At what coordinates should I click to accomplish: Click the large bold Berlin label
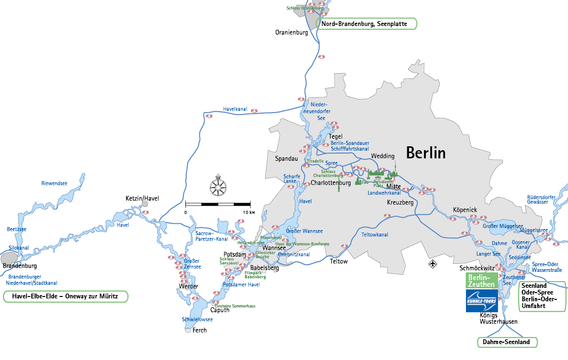pos(426,153)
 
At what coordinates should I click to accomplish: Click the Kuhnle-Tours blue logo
pos(481,301)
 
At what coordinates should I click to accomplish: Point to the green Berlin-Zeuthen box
pos(482,281)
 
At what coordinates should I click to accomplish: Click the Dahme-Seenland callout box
pos(507,342)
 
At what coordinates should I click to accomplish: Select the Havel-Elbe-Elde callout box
pos(65,296)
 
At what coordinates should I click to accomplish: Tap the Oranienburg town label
pos(291,33)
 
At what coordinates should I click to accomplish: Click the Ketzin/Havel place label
pos(142,198)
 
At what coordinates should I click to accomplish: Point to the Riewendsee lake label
pos(54,183)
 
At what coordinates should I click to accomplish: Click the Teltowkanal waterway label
pos(374,234)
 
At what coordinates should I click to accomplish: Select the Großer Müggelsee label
pos(503,226)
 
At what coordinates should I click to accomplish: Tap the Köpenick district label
pos(465,210)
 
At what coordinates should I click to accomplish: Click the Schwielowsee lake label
pos(197,320)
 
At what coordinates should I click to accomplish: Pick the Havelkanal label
pos(235,109)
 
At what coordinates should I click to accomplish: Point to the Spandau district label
pos(286,158)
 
